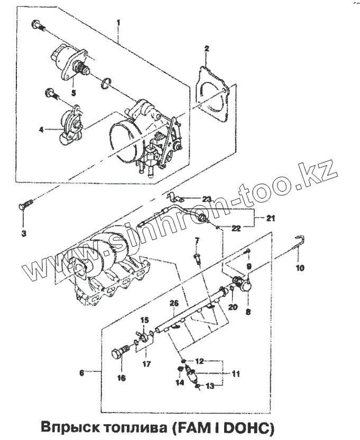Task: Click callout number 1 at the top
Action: (x=118, y=22)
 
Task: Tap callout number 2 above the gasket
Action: (x=207, y=49)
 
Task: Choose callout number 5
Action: (x=73, y=93)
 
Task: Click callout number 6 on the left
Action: (x=81, y=372)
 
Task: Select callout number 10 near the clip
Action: (x=300, y=268)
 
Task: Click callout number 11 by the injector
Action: (x=236, y=373)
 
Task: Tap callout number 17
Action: (x=146, y=364)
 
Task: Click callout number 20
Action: (x=231, y=307)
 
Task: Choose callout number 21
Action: (x=271, y=217)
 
